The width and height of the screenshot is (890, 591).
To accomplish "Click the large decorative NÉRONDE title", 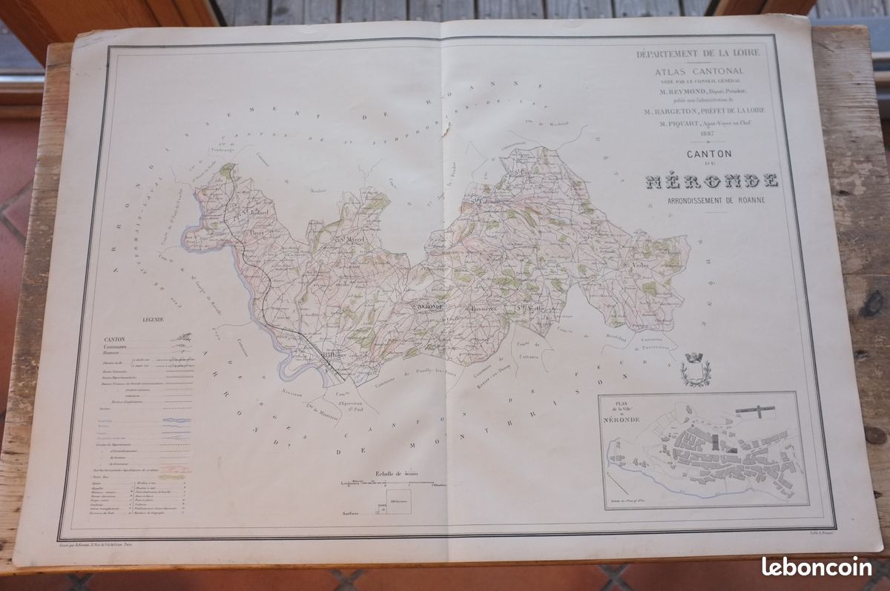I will (x=711, y=180).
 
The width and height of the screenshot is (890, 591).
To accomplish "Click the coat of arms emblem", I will (x=696, y=369).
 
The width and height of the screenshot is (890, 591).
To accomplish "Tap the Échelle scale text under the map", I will (x=398, y=472).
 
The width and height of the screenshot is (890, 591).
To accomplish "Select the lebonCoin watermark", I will (x=816, y=567).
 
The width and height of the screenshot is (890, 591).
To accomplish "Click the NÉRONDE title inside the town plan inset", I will (x=625, y=417).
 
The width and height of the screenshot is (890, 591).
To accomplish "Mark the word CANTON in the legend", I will (x=116, y=339).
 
